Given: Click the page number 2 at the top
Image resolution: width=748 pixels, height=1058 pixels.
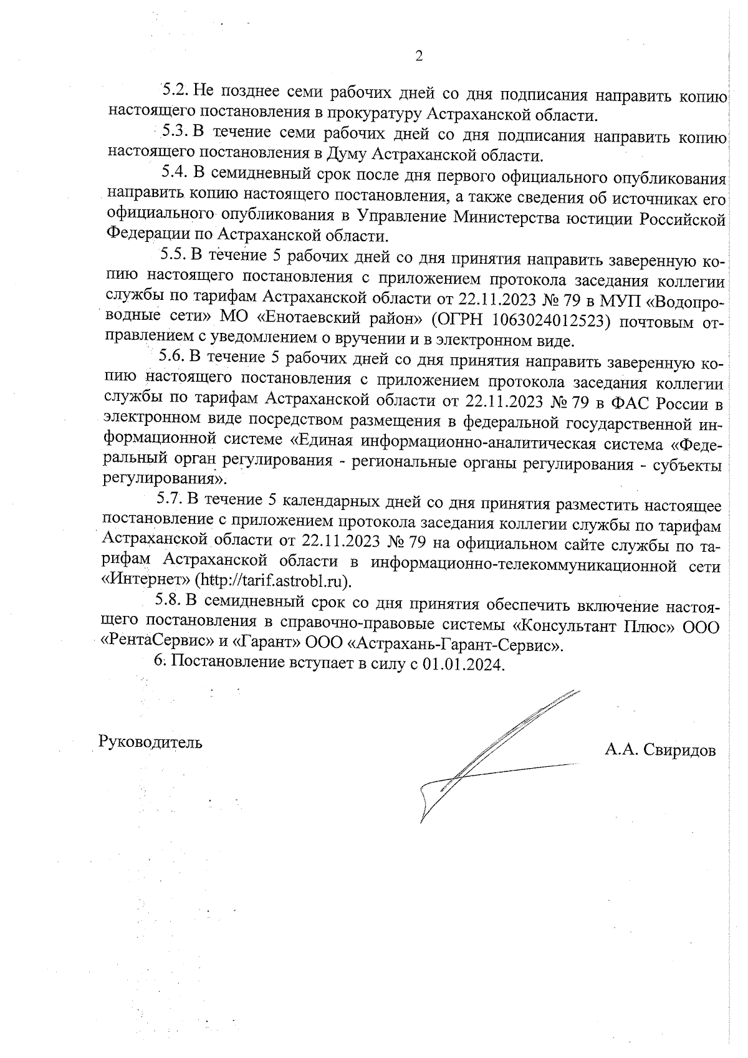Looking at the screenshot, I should click(419, 57).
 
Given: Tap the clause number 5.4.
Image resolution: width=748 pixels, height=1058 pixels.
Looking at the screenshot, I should click(175, 172).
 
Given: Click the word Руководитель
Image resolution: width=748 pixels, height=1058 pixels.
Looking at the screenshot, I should click(150, 743).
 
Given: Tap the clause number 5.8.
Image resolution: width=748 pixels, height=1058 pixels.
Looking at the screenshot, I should click(168, 603).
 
